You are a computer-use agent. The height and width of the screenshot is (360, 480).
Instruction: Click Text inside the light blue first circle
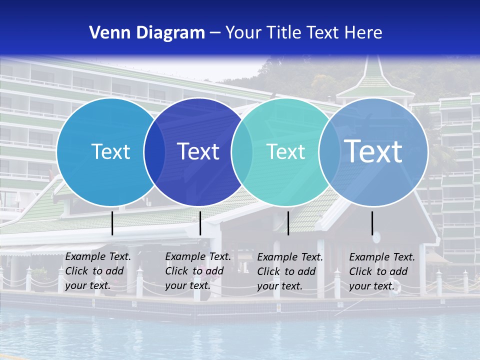(110, 151)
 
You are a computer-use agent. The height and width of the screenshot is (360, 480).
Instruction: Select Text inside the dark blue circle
(198, 151)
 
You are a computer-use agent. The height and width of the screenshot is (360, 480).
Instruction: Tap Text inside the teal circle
(285, 151)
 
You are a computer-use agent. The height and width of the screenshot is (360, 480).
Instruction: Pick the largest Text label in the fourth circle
(373, 151)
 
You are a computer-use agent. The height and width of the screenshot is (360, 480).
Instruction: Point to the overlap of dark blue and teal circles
(242, 151)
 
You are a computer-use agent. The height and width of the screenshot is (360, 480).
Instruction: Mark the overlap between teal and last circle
(329, 151)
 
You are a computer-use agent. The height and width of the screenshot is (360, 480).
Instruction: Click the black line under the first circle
(112, 223)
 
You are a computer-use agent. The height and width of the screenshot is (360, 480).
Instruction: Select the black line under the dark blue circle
(200, 223)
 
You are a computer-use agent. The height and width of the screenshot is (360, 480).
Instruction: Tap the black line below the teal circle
(288, 223)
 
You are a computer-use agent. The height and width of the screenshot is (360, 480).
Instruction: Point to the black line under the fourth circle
(372, 223)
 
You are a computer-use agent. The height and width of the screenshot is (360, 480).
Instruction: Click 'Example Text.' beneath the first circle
(98, 256)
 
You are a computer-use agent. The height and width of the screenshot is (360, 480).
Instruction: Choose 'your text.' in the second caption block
(187, 285)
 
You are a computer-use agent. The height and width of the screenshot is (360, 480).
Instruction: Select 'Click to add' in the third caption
(286, 271)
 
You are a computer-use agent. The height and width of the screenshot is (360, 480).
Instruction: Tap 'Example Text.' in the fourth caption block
(382, 257)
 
